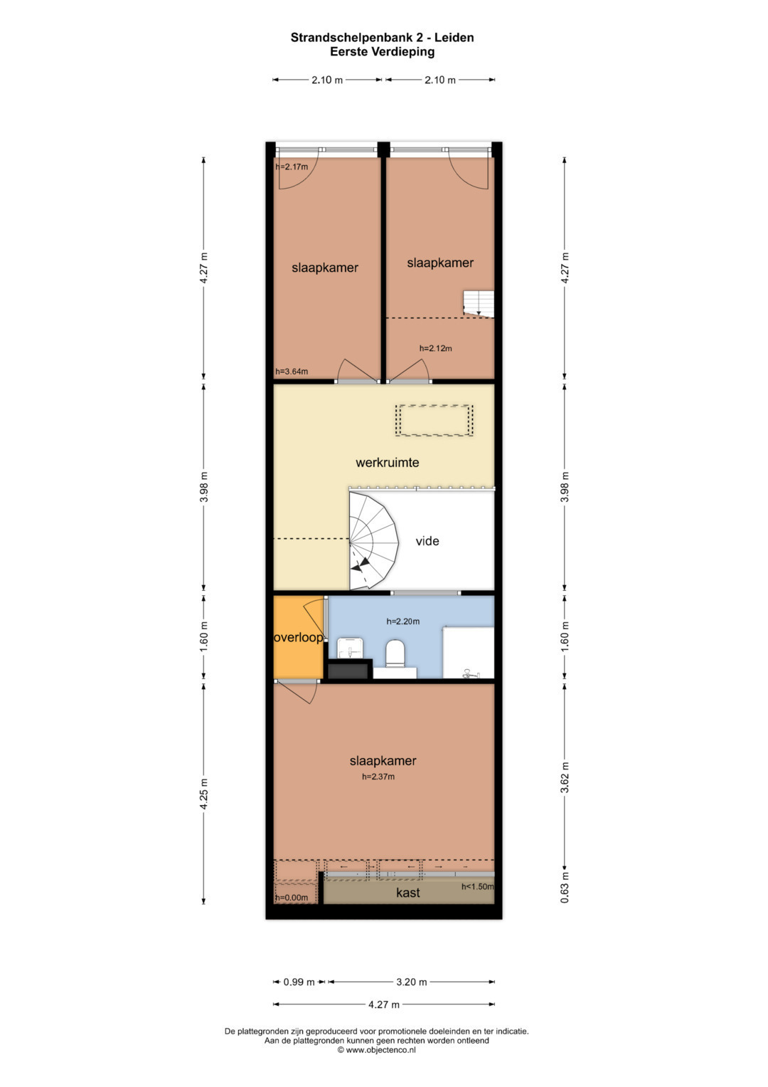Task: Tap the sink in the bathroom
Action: pos(350,648)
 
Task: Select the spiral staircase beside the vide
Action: pos(374,540)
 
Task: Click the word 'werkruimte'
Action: pos(388,463)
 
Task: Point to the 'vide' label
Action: pos(427,541)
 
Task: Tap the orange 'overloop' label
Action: pos(299,637)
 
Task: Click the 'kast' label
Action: pos(407,893)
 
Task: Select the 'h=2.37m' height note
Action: pos(378,777)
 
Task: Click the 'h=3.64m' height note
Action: pos(292,372)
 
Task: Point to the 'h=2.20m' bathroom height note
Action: pos(403,621)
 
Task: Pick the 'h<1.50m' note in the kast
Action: pos(477,887)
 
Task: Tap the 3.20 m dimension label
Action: pos(412,982)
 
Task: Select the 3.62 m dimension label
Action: pos(565,777)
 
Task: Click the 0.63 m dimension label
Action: pos(565,887)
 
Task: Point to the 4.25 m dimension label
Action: pos(203,794)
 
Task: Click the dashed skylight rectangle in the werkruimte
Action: pos(434,421)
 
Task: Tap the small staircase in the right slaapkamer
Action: pos(479,304)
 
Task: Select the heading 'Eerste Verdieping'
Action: pos(382,51)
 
